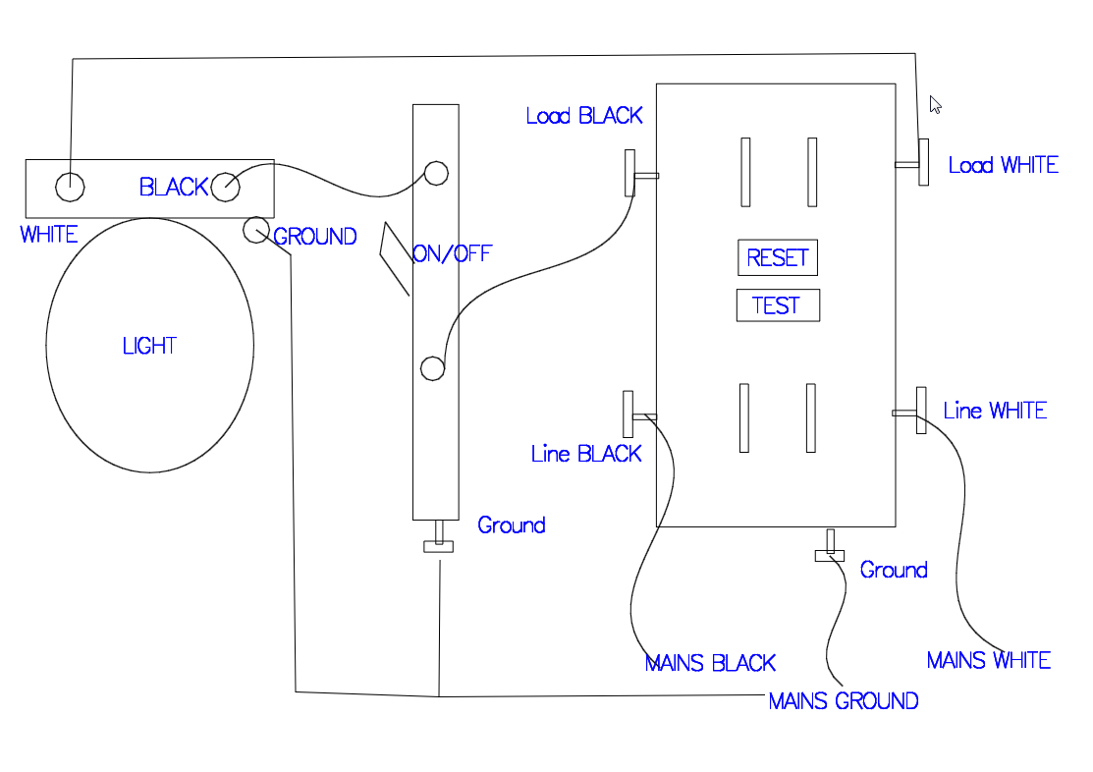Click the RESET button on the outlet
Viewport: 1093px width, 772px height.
(x=777, y=258)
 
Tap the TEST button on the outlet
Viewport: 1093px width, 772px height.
(x=777, y=305)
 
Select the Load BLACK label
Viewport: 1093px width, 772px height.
(x=584, y=116)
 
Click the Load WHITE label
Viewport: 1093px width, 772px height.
(x=1003, y=165)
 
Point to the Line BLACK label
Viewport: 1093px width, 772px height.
(x=586, y=454)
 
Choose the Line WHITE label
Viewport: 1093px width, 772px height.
(x=995, y=411)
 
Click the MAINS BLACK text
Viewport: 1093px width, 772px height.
(x=710, y=663)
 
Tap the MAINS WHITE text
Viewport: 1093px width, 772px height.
(x=988, y=660)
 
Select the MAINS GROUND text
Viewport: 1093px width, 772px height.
(x=843, y=701)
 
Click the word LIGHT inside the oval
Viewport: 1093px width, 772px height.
(x=149, y=346)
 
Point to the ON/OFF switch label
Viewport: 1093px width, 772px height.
(x=452, y=254)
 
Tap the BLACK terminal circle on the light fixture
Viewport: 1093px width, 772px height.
(x=225, y=186)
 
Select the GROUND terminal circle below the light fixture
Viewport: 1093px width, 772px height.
(x=255, y=230)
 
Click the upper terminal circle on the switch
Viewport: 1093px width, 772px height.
(x=436, y=173)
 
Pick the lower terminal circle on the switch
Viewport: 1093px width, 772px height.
(x=432, y=368)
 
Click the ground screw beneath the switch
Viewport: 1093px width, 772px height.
(x=438, y=544)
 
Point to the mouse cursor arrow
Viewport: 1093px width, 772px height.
(x=936, y=105)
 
